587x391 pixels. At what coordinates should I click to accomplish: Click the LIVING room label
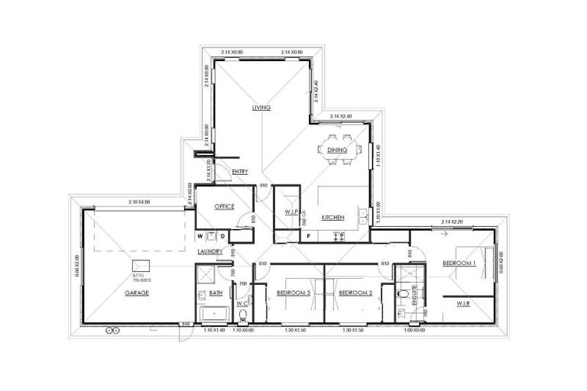(261, 108)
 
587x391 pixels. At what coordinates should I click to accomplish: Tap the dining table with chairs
(338, 145)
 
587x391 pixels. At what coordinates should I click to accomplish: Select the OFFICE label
(223, 207)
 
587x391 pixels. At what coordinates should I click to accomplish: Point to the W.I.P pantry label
(290, 212)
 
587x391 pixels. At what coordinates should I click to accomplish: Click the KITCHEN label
(332, 218)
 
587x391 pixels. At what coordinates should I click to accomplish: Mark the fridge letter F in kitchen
(307, 237)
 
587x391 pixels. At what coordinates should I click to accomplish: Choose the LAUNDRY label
(209, 251)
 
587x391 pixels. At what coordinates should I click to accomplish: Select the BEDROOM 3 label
(293, 293)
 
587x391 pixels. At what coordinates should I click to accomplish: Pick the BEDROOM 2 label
(355, 293)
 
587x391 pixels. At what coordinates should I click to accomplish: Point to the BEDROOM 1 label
(459, 263)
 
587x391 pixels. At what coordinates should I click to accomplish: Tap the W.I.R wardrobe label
(463, 303)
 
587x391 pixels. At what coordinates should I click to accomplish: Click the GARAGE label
(137, 293)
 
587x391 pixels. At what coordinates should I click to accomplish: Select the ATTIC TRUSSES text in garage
(138, 276)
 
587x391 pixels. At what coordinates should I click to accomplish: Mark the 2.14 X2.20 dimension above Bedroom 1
(452, 221)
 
